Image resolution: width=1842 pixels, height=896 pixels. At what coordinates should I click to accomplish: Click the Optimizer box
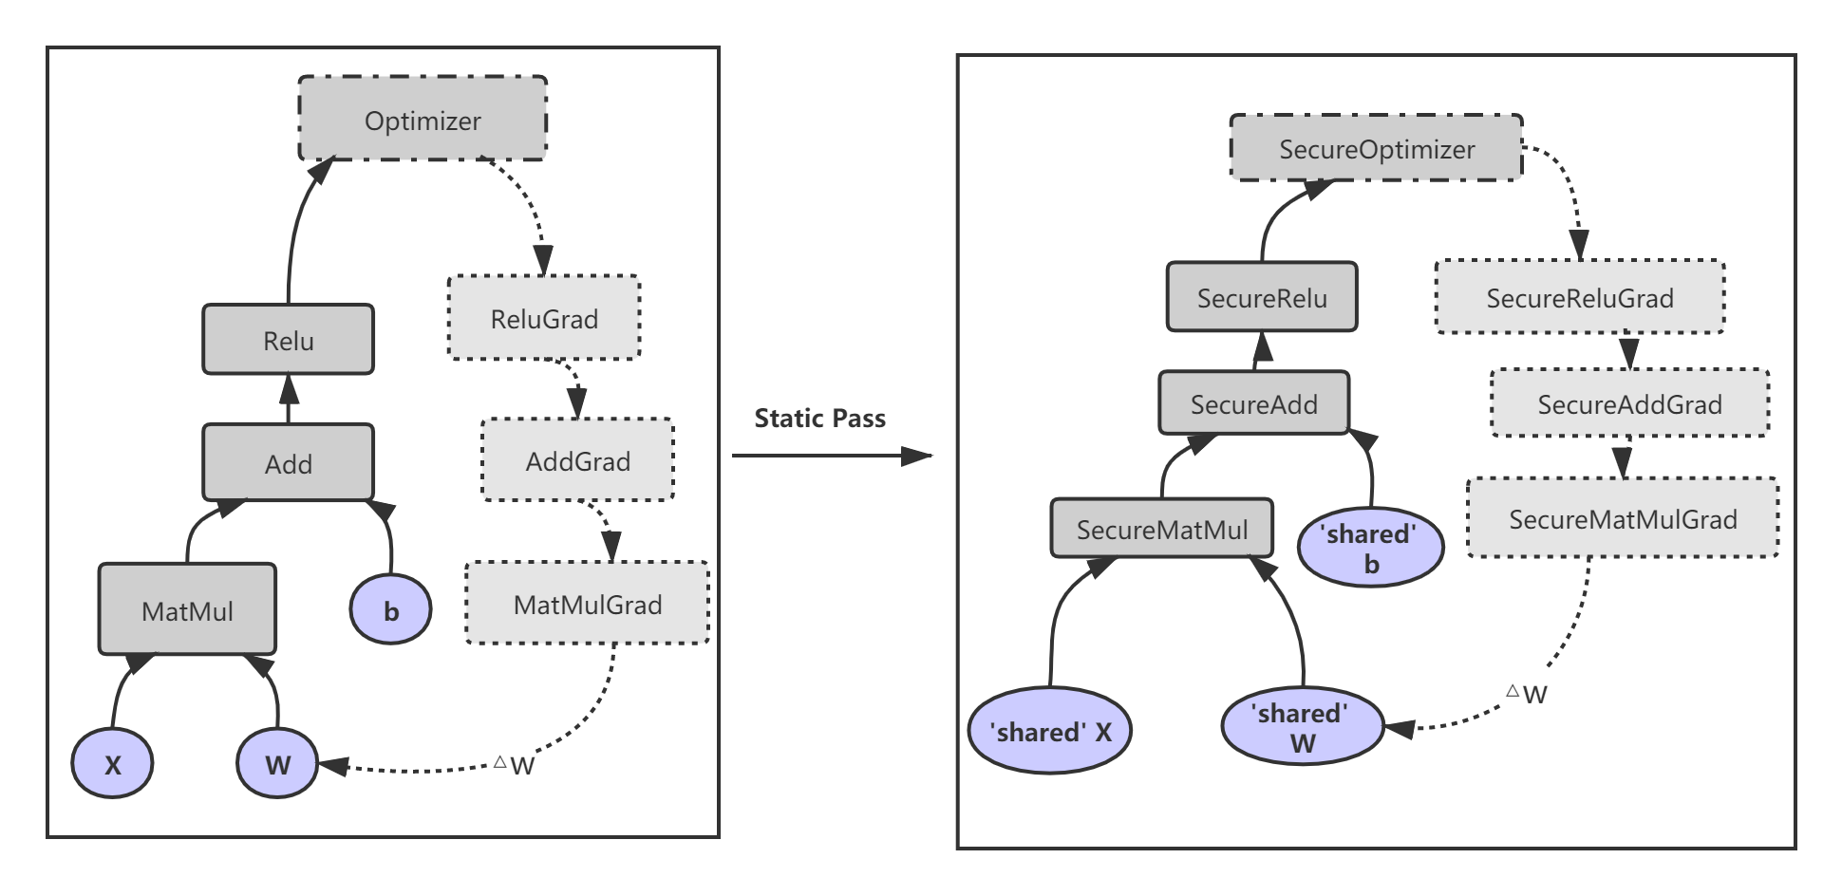pyautogui.click(x=423, y=120)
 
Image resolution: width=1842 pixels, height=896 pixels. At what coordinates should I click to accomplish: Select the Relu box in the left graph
pyautogui.click(x=288, y=340)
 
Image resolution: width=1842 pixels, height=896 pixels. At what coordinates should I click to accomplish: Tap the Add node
pyautogui.click(x=288, y=463)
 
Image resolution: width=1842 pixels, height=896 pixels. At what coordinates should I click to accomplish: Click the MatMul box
pyautogui.click(x=187, y=610)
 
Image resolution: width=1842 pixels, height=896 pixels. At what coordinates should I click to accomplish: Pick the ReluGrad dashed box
pyautogui.click(x=544, y=318)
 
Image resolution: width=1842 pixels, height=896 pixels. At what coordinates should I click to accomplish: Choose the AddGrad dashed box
pyautogui.click(x=577, y=460)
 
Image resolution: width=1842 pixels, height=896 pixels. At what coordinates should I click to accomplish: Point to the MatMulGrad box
pyautogui.click(x=588, y=604)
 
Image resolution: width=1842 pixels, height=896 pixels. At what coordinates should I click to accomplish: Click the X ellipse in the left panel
pyautogui.click(x=112, y=763)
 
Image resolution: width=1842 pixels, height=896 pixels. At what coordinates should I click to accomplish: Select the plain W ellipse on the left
pyautogui.click(x=277, y=763)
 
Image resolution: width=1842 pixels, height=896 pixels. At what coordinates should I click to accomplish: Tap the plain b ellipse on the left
pyautogui.click(x=390, y=610)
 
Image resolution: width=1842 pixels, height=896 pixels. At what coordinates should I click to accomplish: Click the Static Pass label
pyautogui.click(x=819, y=419)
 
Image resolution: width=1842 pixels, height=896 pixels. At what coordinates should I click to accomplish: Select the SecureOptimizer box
pyautogui.click(x=1376, y=148)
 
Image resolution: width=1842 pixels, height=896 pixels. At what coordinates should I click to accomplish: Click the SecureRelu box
pyautogui.click(x=1262, y=297)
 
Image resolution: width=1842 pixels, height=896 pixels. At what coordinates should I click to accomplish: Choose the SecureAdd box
pyautogui.click(x=1253, y=403)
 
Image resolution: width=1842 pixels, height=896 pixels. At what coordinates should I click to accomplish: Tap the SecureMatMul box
pyautogui.click(x=1161, y=529)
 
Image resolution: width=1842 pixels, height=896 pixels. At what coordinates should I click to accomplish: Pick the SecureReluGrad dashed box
pyautogui.click(x=1579, y=297)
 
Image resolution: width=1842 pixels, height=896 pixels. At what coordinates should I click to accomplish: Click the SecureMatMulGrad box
pyautogui.click(x=1623, y=518)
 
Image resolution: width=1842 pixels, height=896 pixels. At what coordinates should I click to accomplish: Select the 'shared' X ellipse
pyautogui.click(x=1050, y=731)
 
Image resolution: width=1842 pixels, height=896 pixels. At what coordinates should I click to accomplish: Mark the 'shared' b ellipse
pyautogui.click(x=1370, y=548)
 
